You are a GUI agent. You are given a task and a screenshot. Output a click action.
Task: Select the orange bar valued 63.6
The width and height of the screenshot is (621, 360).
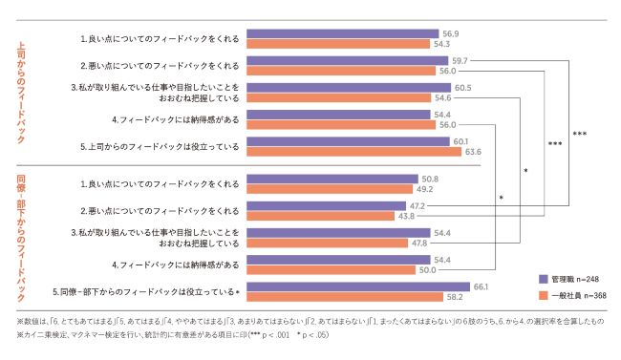click(x=353, y=151)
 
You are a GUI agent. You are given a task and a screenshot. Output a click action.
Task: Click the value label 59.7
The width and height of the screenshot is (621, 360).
click(x=460, y=60)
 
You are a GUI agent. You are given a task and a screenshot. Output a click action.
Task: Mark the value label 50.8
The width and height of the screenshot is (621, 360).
click(x=431, y=179)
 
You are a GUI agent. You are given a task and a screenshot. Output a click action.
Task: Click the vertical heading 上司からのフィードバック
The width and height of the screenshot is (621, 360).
click(x=21, y=92)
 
